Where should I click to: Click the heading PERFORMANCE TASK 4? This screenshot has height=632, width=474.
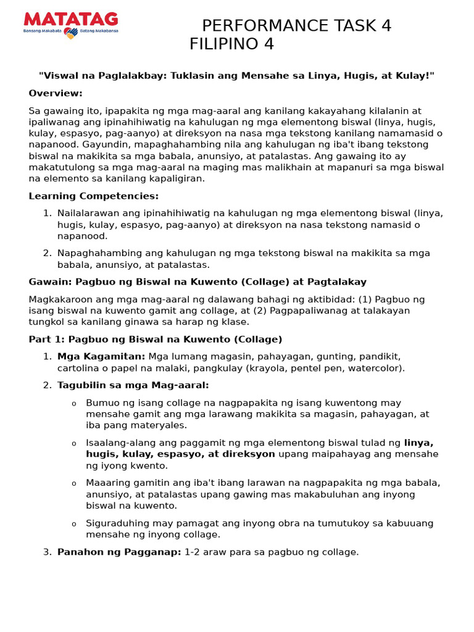click(x=296, y=26)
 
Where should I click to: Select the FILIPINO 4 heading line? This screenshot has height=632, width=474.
click(x=231, y=44)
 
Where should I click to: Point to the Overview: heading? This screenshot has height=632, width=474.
click(x=56, y=93)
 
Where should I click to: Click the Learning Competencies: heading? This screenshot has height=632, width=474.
click(x=93, y=196)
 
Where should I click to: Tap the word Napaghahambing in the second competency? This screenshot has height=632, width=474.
click(x=94, y=253)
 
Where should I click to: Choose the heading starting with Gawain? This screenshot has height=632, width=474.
click(x=197, y=282)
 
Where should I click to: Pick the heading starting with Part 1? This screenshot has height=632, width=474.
click(x=155, y=339)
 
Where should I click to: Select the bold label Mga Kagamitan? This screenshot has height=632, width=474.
click(x=101, y=357)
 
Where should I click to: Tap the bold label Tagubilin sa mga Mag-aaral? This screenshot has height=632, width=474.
click(x=133, y=385)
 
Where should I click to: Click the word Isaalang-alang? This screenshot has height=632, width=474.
click(x=120, y=443)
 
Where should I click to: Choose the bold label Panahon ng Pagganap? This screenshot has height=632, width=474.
click(x=119, y=552)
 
